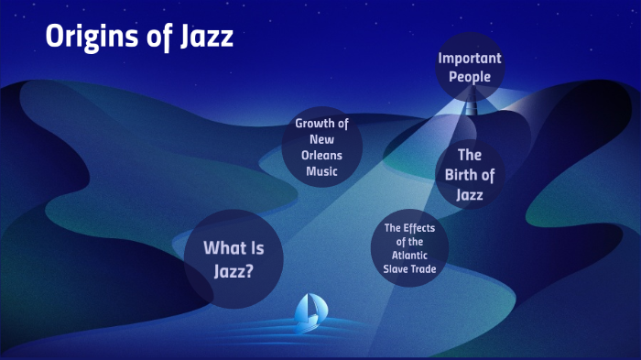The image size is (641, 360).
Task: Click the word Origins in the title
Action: (92, 38)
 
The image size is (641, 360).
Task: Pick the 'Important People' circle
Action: (470, 67)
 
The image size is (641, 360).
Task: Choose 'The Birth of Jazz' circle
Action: (470, 175)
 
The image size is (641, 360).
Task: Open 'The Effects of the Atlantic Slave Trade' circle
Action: (409, 248)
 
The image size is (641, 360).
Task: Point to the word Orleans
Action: (321, 155)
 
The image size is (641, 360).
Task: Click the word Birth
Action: (470, 175)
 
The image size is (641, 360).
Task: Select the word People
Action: (470, 77)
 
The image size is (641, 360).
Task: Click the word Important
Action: (470, 58)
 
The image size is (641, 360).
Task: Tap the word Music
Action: (321, 170)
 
